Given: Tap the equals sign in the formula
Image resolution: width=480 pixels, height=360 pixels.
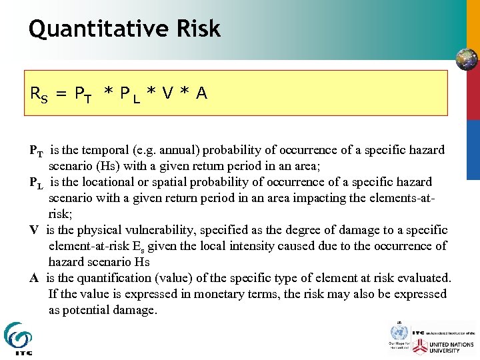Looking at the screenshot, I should [x=61, y=94].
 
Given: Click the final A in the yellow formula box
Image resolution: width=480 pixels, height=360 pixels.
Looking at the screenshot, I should [x=201, y=94].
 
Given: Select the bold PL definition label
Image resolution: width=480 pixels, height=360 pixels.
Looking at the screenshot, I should [x=37, y=183].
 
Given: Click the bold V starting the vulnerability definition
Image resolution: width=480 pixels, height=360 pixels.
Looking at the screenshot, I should [x=33, y=230].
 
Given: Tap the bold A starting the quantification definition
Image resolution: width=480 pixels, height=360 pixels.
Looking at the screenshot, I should [x=33, y=278].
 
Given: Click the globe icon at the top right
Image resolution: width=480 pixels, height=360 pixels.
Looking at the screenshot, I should [x=466, y=59].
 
